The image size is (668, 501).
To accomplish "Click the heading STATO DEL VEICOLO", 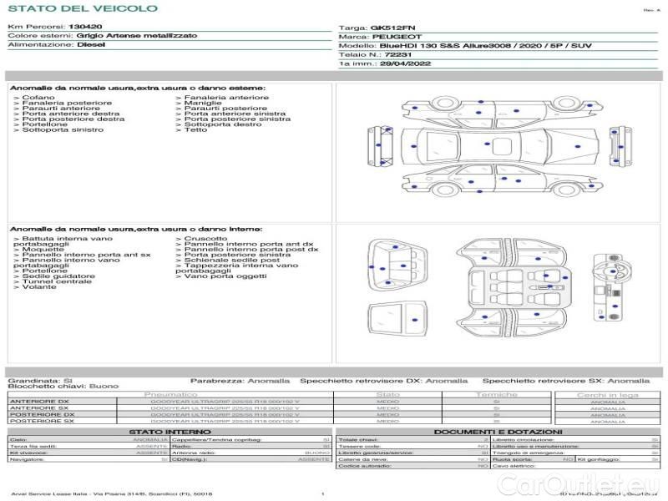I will coord(82,8).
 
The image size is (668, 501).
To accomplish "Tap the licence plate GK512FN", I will coord(387,28).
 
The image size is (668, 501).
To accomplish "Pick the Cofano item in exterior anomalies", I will coord(38,97).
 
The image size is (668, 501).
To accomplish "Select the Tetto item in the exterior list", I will coord(195,130).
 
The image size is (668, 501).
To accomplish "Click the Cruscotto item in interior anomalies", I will coord(205,238).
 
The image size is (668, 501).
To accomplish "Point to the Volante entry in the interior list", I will coord(38,288).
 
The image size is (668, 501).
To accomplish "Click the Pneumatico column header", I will coord(170,394).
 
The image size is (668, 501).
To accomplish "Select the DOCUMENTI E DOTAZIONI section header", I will coord(497,431).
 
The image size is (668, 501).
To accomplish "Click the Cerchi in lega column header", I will coord(607,394).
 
